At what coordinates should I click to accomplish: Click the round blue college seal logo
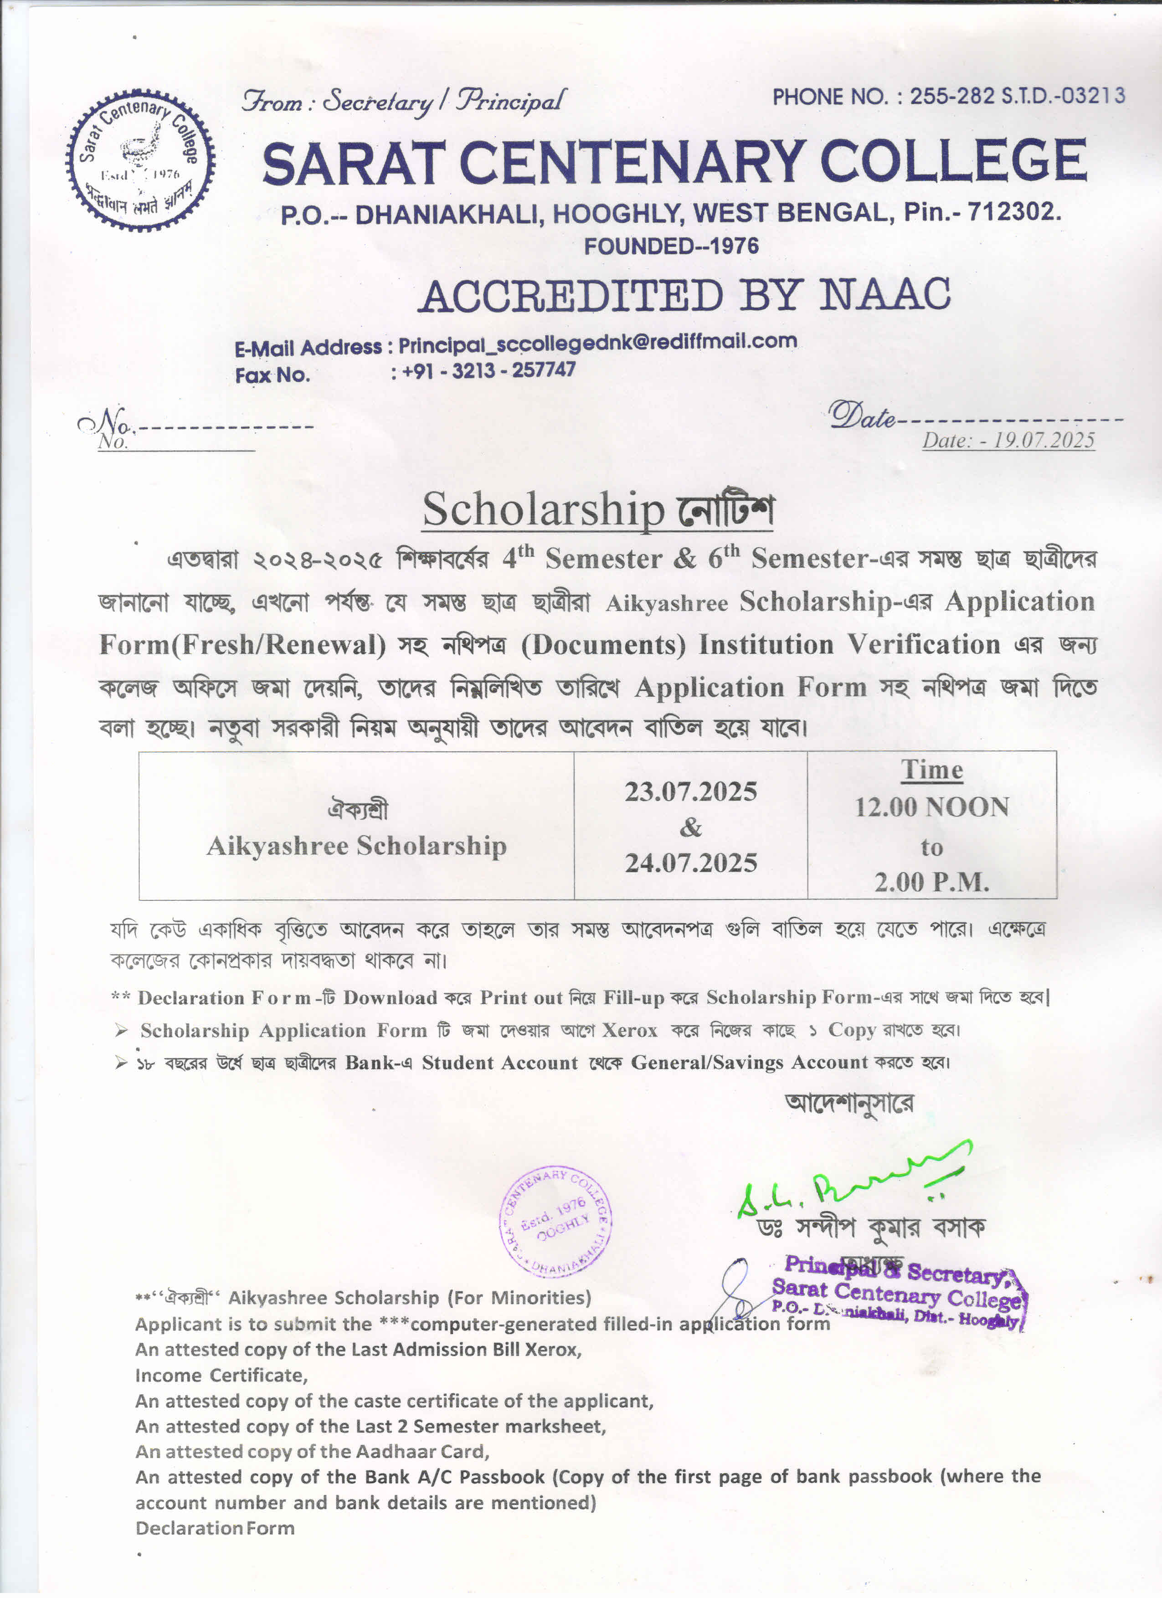pos(141,161)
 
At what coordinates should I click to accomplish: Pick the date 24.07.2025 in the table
pos(690,863)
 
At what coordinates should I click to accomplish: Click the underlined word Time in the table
pos(931,770)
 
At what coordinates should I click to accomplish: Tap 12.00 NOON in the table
pos(931,807)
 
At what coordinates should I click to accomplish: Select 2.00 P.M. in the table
pos(931,881)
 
